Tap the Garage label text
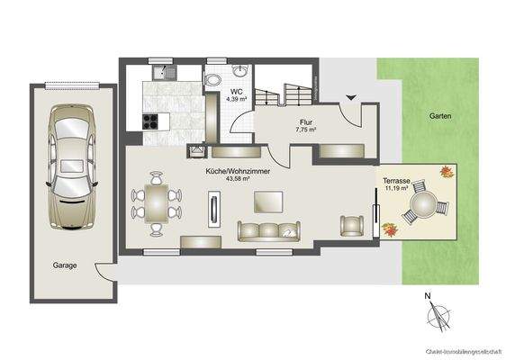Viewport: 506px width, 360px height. [x=64, y=265]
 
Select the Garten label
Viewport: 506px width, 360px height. [x=440, y=116]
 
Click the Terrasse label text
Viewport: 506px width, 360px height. [x=396, y=181]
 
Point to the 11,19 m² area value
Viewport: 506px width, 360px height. [x=398, y=189]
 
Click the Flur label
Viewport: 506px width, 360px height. [x=305, y=121]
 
